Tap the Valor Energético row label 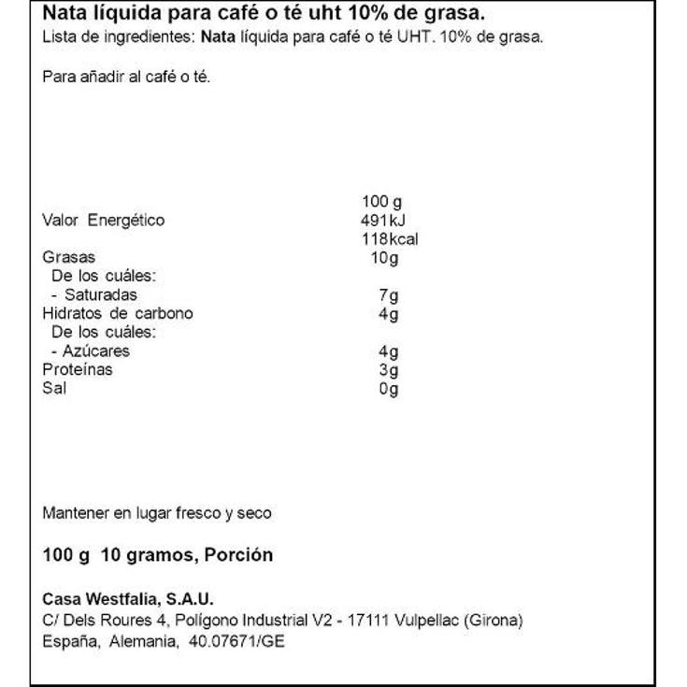tap(104, 221)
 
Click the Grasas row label tap(69, 258)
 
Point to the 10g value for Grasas tap(384, 258)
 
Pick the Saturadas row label tap(93, 295)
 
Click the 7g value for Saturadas tap(389, 295)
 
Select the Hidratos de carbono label tap(118, 314)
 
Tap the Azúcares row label tap(91, 351)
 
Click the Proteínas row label tap(78, 370)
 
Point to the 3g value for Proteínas tap(389, 370)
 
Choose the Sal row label tap(54, 389)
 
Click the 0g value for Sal tap(389, 389)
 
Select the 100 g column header tap(381, 202)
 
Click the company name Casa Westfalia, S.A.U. tap(129, 599)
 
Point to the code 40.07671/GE tap(238, 642)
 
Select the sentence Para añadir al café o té tap(127, 77)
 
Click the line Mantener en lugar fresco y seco tap(157, 513)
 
